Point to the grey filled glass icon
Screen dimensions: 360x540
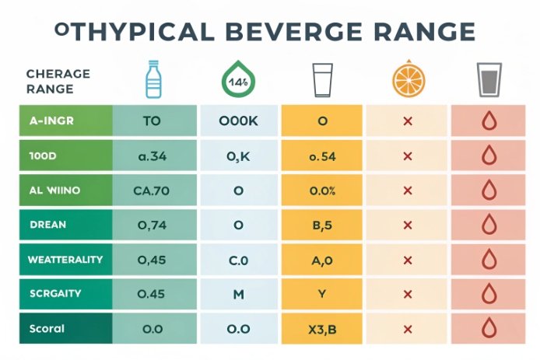(488, 80)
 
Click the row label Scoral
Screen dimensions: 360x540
(46, 328)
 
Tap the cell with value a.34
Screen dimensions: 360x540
(153, 156)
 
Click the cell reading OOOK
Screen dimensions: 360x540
(238, 122)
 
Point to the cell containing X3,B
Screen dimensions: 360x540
(321, 329)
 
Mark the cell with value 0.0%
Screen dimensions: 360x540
(321, 190)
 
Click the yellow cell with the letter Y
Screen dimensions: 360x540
(321, 294)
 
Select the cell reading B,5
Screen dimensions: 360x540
(321, 225)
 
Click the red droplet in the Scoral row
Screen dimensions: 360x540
(489, 328)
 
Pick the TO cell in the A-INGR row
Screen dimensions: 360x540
(153, 122)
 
